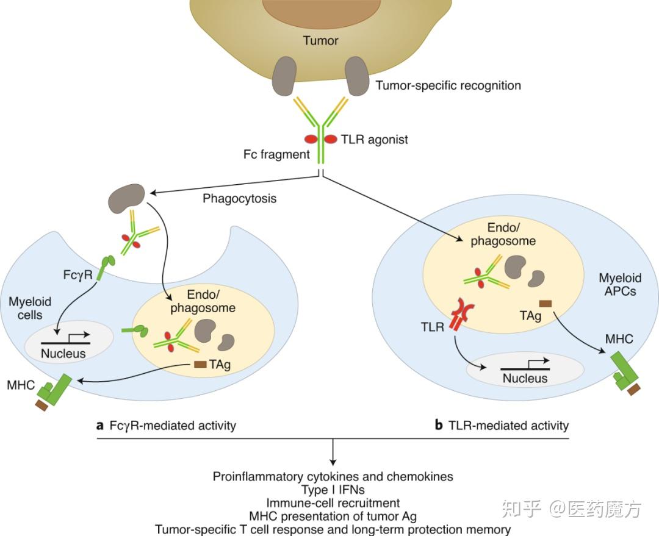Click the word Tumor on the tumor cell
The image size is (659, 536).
click(x=320, y=41)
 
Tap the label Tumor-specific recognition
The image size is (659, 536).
click(x=448, y=85)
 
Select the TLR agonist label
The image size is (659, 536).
click(x=374, y=140)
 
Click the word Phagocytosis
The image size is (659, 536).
click(x=239, y=199)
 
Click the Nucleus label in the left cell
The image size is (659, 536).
click(x=63, y=353)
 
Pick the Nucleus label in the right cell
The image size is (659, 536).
click(x=525, y=378)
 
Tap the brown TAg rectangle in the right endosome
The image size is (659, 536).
click(x=547, y=302)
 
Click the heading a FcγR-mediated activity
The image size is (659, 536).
click(x=166, y=425)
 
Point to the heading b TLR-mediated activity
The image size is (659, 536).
click(x=501, y=425)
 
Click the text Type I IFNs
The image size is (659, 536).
click(x=333, y=490)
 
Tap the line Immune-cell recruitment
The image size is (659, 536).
click(x=333, y=503)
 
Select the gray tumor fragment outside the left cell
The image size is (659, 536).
click(x=126, y=198)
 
